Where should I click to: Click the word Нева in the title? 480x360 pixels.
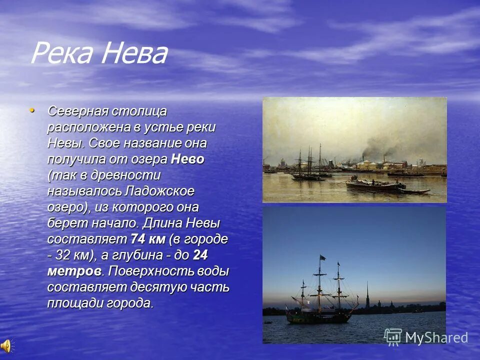134,53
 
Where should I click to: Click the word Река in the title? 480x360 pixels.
63,53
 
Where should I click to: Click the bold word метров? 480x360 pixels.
75,271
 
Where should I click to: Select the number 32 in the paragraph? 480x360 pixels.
64,255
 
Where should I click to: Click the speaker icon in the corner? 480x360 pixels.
6,345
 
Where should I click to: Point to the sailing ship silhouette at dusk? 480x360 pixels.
320,295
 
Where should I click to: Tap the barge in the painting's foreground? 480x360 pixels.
375,186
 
